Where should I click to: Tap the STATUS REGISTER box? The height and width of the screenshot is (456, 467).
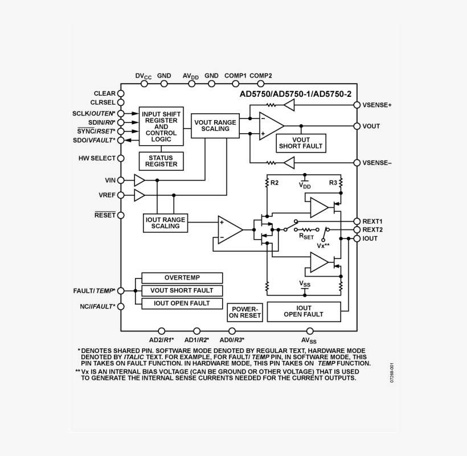pos(161,161)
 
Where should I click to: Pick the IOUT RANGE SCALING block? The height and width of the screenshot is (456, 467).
pos(165,223)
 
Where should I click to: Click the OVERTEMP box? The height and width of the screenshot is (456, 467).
pos(182,278)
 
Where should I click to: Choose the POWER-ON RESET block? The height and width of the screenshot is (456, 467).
pos(245,312)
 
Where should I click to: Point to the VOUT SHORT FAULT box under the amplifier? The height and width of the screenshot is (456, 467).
pos(301,143)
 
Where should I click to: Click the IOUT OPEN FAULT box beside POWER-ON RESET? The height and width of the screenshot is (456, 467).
pos(303,311)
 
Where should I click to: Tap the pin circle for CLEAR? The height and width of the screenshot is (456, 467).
pos(121,93)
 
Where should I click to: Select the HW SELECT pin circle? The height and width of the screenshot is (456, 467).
pos(121,158)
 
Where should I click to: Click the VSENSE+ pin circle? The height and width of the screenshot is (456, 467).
pos(357,105)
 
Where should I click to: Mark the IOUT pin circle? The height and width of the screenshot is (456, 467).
pos(357,239)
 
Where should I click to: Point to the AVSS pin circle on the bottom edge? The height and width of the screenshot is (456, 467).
pos(310,331)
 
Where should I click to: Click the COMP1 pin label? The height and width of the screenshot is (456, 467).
pos(235,75)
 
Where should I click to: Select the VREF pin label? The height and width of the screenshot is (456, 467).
pos(107,195)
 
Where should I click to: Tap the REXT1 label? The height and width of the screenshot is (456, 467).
pos(372,221)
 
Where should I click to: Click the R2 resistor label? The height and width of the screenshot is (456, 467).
pos(275,182)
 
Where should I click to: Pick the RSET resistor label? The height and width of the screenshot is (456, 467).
pos(307,236)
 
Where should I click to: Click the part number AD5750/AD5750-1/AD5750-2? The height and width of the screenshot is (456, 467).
pos(295,94)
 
